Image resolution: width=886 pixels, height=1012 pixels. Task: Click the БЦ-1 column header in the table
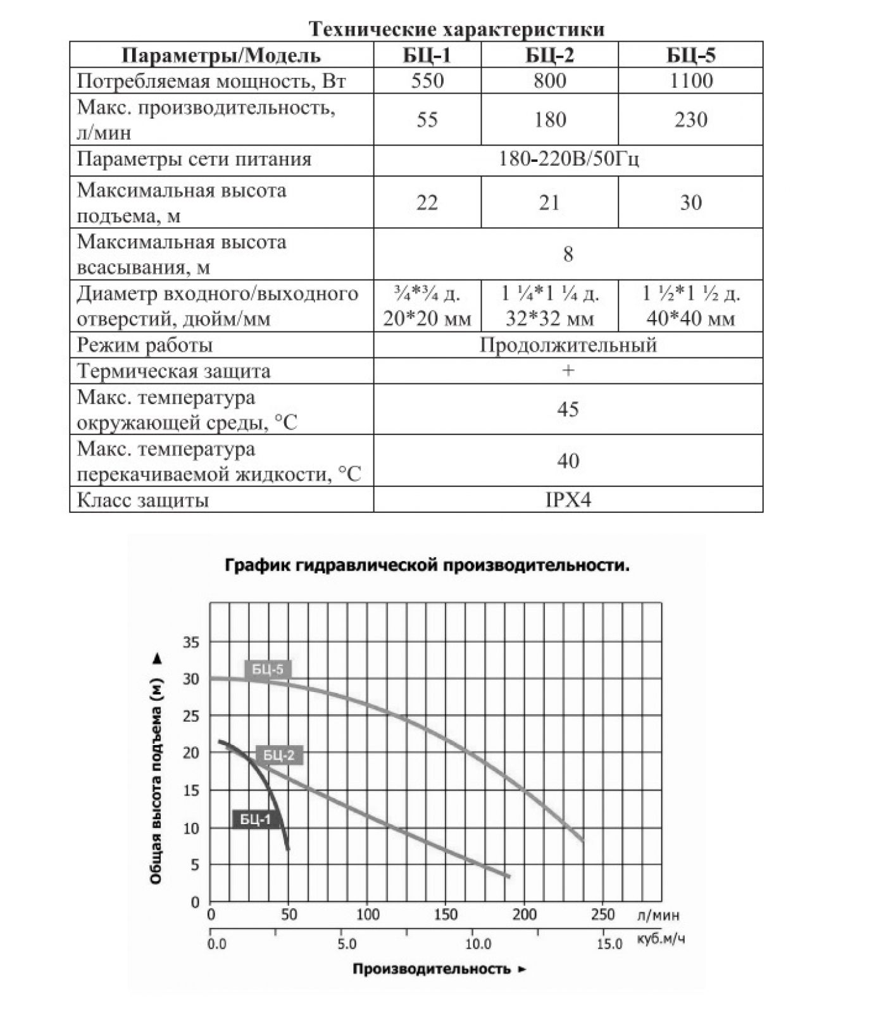click(427, 56)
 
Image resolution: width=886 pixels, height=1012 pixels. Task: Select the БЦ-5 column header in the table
click(690, 56)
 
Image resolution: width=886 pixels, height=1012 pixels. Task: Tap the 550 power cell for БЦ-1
click(427, 81)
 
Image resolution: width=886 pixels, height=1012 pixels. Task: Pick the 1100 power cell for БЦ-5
click(690, 81)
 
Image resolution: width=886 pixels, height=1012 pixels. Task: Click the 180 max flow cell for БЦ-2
click(549, 120)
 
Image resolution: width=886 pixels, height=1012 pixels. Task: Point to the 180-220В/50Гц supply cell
click(568, 159)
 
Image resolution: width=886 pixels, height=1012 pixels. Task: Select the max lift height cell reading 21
click(549, 202)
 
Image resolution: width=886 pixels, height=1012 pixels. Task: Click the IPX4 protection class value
click(568, 500)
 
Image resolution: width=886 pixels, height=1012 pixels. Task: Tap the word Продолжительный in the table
click(568, 345)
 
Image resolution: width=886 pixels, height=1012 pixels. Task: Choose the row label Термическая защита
click(173, 371)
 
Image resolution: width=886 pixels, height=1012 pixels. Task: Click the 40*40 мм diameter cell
click(690, 318)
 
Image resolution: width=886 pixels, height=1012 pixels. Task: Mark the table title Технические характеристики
click(456, 29)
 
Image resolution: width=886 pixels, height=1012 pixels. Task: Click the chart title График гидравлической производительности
click(427, 565)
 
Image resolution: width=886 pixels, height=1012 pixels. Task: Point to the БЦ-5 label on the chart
click(268, 669)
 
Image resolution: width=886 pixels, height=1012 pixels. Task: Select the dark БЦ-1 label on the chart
click(255, 820)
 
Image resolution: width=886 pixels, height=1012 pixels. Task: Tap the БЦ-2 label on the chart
click(279, 755)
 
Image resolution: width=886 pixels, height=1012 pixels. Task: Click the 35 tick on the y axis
click(190, 643)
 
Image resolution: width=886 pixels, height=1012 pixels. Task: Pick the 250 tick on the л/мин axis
click(602, 915)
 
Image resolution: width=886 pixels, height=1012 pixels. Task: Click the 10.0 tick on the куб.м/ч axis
click(478, 944)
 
